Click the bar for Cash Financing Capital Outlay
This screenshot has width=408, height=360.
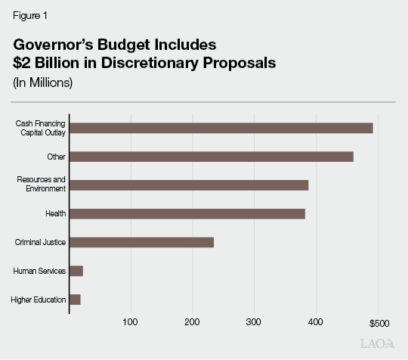pyautogui.click(x=221, y=128)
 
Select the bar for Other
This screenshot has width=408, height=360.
pyautogui.click(x=211, y=157)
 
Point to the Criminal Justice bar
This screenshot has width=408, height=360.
pyautogui.click(x=141, y=242)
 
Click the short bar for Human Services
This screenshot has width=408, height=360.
pyautogui.click(x=76, y=271)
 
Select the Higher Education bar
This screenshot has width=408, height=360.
pyautogui.click(x=75, y=299)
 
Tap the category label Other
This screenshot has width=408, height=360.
pyautogui.click(x=57, y=157)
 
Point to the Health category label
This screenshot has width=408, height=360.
pyautogui.click(x=56, y=213)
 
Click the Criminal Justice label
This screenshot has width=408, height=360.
pyautogui.click(x=41, y=242)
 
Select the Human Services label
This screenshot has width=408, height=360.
pyautogui.click(x=40, y=271)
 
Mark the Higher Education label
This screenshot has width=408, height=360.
pyautogui.click(x=39, y=299)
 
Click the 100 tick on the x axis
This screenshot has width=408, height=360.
pyautogui.click(x=131, y=323)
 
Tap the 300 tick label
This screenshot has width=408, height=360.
pyautogui.click(x=254, y=323)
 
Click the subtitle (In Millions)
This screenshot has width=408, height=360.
pyautogui.click(x=42, y=82)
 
